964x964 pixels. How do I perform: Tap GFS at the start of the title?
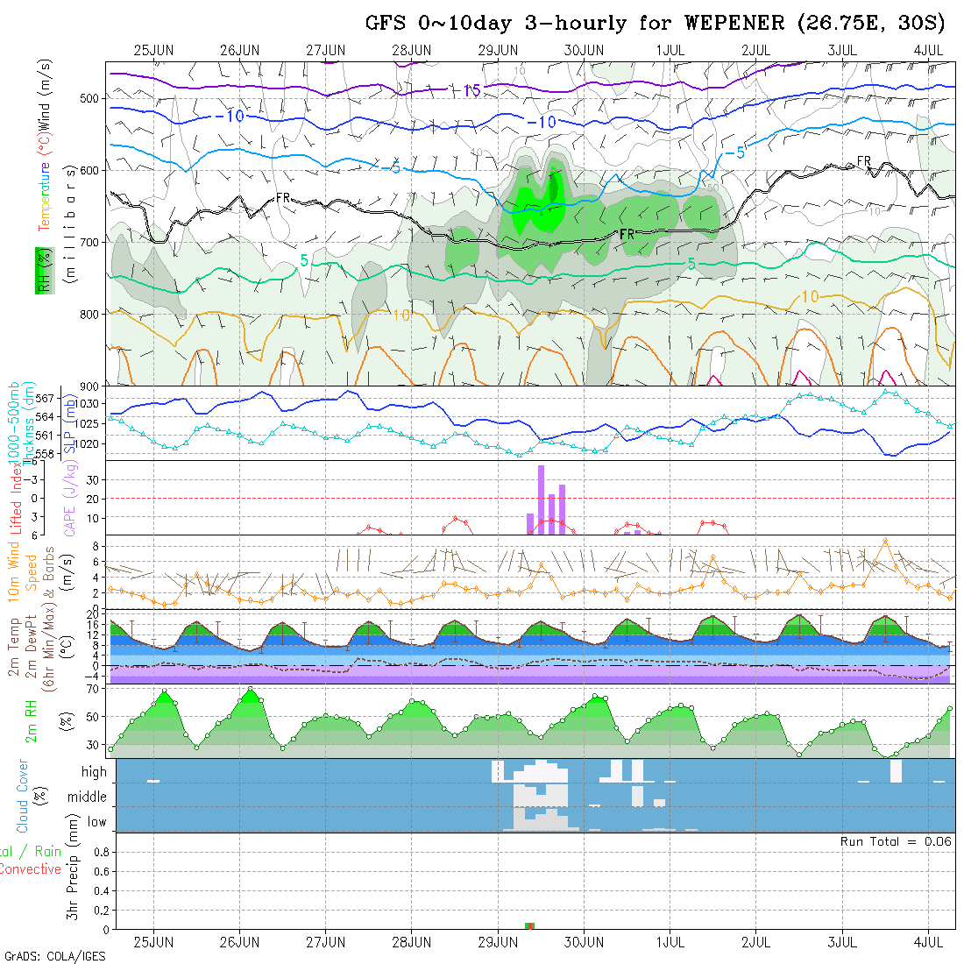(386, 23)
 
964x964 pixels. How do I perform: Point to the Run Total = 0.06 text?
(896, 841)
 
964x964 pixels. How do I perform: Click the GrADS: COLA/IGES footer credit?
(54, 956)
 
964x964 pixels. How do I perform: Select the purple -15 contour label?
(464, 90)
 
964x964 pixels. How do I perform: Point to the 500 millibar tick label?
(89, 97)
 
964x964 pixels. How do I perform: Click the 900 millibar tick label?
(89, 386)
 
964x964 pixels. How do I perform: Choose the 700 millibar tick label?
(89, 241)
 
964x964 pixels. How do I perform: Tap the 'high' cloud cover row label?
(94, 772)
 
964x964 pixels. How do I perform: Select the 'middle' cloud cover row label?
(88, 797)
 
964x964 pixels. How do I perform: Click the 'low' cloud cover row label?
(96, 822)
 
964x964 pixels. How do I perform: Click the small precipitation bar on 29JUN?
(529, 925)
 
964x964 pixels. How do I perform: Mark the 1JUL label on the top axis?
(670, 50)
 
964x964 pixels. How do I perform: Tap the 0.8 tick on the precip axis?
(100, 851)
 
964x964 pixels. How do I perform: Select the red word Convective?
(31, 869)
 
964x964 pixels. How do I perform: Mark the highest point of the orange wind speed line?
(886, 541)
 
